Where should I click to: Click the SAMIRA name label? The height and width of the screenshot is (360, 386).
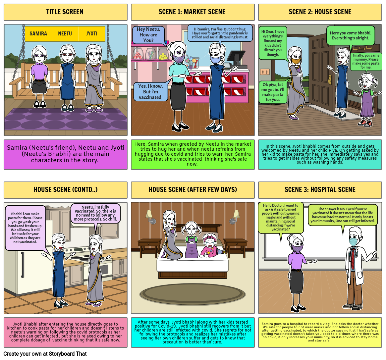pos(38,33)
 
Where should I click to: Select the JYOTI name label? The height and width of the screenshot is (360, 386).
pos(92,33)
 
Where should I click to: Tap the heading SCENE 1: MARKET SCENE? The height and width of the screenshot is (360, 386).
pos(192,12)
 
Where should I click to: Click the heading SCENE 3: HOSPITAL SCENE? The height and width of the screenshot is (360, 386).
pos(320,190)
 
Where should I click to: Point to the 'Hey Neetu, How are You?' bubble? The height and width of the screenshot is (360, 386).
pos(148,35)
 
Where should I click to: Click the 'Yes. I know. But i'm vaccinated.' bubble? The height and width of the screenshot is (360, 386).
pos(151,92)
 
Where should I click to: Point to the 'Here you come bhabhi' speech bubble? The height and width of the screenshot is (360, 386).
pos(350,35)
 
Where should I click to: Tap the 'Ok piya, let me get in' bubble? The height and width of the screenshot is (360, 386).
pos(273,92)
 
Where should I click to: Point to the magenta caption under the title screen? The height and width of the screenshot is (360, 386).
pos(66,154)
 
